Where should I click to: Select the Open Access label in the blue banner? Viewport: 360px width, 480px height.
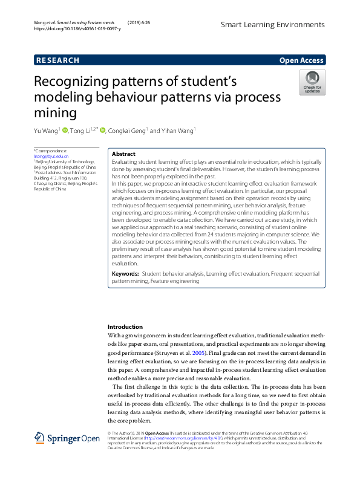301,60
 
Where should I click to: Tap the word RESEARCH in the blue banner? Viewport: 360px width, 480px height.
58,60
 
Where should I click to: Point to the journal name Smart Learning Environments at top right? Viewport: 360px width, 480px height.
272,25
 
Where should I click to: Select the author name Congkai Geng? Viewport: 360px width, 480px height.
127,131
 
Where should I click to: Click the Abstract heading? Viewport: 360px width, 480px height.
124,154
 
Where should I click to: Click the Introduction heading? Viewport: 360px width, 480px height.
125,326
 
